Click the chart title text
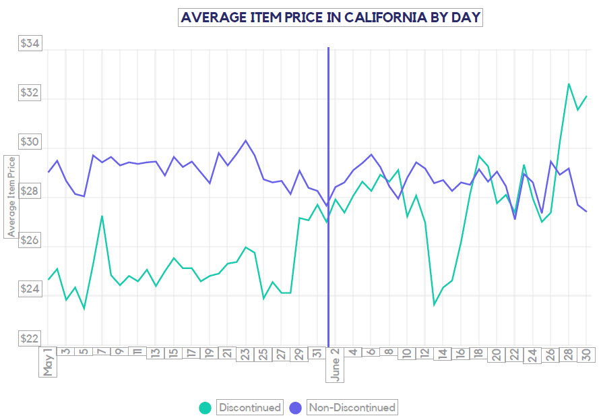click(330, 17)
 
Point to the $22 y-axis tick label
click(30, 338)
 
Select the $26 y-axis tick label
click(30, 241)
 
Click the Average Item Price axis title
click(11, 196)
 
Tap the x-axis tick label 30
click(586, 356)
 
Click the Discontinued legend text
click(249, 407)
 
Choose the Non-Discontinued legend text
click(352, 407)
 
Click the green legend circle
click(205, 407)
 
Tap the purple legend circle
click(295, 407)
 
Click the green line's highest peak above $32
click(569, 84)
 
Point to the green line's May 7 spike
click(102, 216)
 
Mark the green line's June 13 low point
click(434, 305)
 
